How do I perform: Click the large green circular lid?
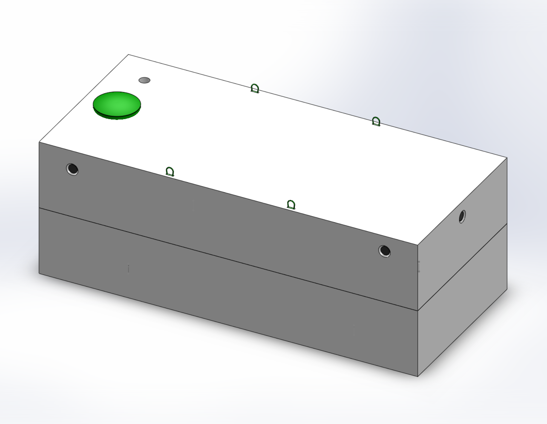[117, 104]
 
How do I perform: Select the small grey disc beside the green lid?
[144, 80]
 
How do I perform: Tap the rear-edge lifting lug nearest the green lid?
[255, 88]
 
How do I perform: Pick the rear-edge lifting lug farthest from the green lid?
[376, 122]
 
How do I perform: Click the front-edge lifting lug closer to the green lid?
[170, 172]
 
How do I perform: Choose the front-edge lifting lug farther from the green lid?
[291, 205]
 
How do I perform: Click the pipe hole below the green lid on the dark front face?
[72, 169]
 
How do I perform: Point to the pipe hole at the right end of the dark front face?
[384, 251]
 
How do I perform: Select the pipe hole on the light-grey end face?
[462, 217]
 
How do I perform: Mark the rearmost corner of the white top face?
[129, 54]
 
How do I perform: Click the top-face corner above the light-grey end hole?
[507, 158]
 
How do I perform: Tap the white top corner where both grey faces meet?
[417, 245]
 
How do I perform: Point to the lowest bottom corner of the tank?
[417, 376]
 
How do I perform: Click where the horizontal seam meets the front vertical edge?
[417, 311]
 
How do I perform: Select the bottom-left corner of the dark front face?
[39, 273]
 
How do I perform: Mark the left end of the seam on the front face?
[39, 208]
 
